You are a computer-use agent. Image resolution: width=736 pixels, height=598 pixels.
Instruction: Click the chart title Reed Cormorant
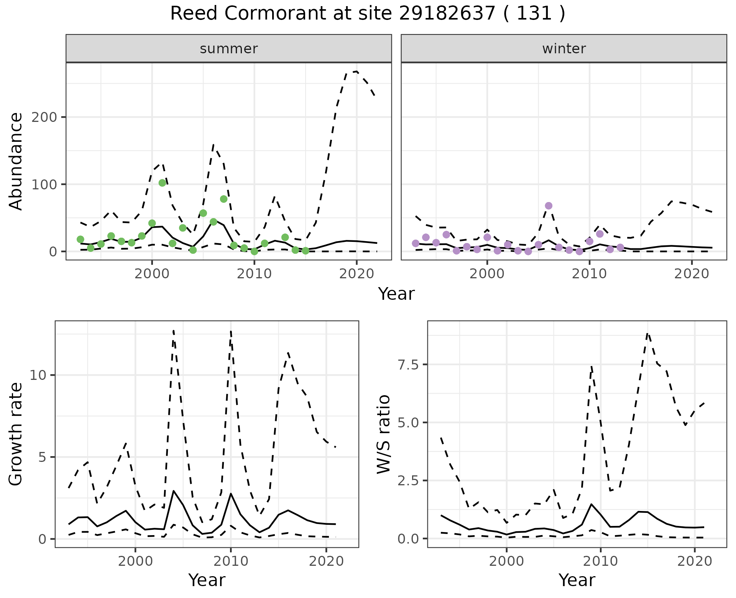pyautogui.click(x=367, y=14)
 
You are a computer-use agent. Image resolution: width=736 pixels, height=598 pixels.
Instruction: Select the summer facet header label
pyautogui.click(x=228, y=49)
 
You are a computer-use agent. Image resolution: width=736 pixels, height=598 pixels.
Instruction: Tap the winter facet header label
pyautogui.click(x=563, y=49)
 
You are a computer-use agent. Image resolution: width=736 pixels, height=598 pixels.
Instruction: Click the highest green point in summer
pyautogui.click(x=162, y=183)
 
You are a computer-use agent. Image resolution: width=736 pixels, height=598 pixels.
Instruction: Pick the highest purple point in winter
pyautogui.click(x=549, y=206)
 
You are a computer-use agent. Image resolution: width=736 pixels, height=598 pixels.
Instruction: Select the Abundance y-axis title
pyautogui.click(x=16, y=161)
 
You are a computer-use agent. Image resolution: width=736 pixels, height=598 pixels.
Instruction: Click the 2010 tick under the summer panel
pyautogui.click(x=254, y=274)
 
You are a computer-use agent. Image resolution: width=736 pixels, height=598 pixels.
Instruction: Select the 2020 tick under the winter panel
pyautogui.click(x=692, y=274)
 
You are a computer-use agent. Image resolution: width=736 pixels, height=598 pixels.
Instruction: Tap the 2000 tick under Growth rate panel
pyautogui.click(x=135, y=561)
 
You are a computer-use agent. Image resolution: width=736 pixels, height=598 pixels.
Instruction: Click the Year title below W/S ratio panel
pyautogui.click(x=577, y=580)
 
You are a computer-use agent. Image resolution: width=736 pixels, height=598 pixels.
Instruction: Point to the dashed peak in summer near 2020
pyautogui.click(x=356, y=72)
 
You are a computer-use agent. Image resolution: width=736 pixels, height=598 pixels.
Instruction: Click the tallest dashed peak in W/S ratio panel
pyautogui.click(x=647, y=334)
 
